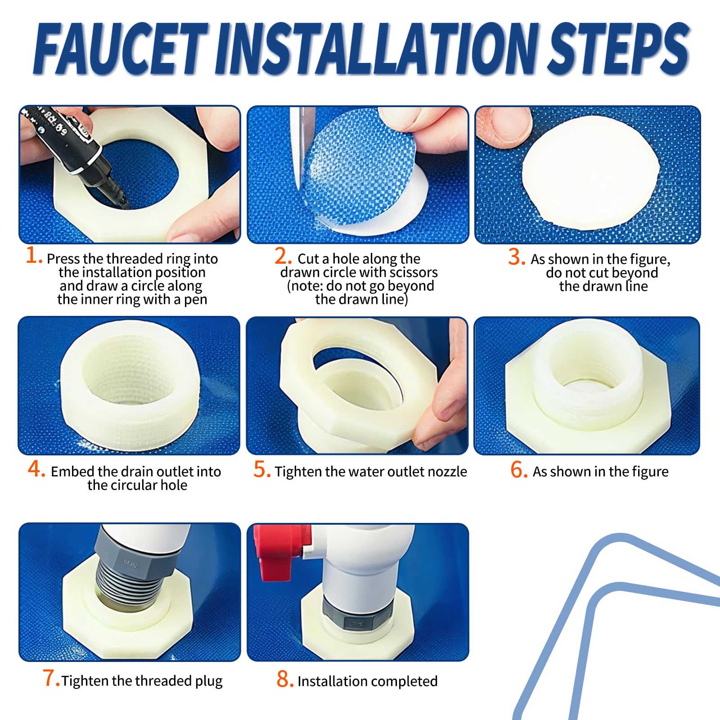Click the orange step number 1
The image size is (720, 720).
(33, 255)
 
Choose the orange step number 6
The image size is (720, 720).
(519, 469)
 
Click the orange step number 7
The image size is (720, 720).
(50, 678)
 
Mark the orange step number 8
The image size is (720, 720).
(285, 679)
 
